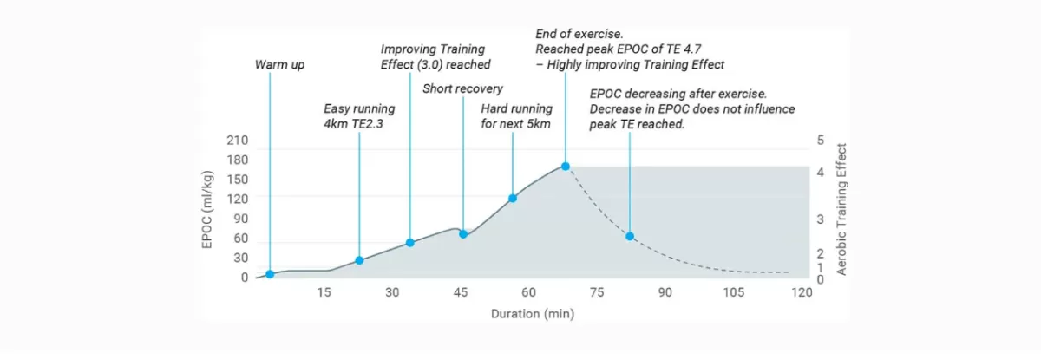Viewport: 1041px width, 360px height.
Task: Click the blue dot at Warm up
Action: tap(270, 274)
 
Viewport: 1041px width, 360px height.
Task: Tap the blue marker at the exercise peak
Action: tap(565, 167)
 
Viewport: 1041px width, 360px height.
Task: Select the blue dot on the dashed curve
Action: tap(630, 237)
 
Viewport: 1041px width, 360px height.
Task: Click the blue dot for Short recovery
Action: tap(463, 234)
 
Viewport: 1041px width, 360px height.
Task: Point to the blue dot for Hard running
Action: tap(513, 199)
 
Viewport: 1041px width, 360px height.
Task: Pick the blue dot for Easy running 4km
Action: tap(359, 260)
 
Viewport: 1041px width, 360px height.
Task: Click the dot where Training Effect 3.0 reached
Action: tap(409, 243)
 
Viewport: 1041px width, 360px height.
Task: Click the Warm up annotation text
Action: tap(279, 64)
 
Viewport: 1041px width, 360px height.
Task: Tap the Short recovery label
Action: tap(463, 88)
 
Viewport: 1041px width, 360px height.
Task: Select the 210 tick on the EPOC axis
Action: tap(238, 141)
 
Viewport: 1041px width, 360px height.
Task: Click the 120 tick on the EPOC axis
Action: tap(238, 199)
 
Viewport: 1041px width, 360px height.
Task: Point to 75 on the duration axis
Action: tap(597, 292)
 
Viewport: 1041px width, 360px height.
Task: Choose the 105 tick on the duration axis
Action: tap(733, 292)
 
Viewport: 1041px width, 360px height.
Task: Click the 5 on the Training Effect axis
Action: tap(821, 141)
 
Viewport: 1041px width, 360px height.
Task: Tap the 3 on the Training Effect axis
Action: tap(821, 219)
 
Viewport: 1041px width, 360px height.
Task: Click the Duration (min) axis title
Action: tap(533, 314)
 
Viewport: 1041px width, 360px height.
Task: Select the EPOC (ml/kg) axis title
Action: tap(207, 210)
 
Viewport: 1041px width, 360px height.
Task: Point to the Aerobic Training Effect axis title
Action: tap(841, 209)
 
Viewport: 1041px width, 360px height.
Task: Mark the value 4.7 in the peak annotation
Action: tap(692, 49)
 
